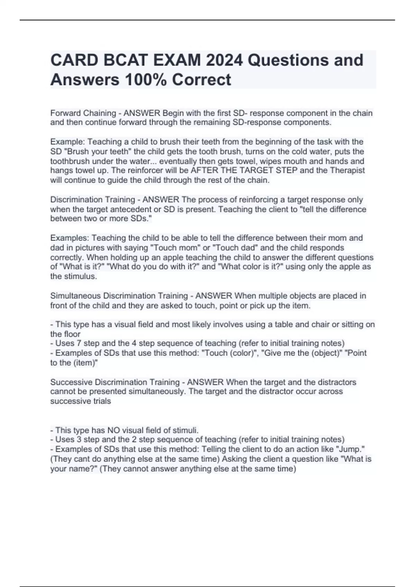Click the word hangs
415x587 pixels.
coord(59,171)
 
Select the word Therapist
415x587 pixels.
coord(347,171)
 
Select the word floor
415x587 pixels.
coord(72,334)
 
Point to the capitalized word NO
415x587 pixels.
coord(113,430)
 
